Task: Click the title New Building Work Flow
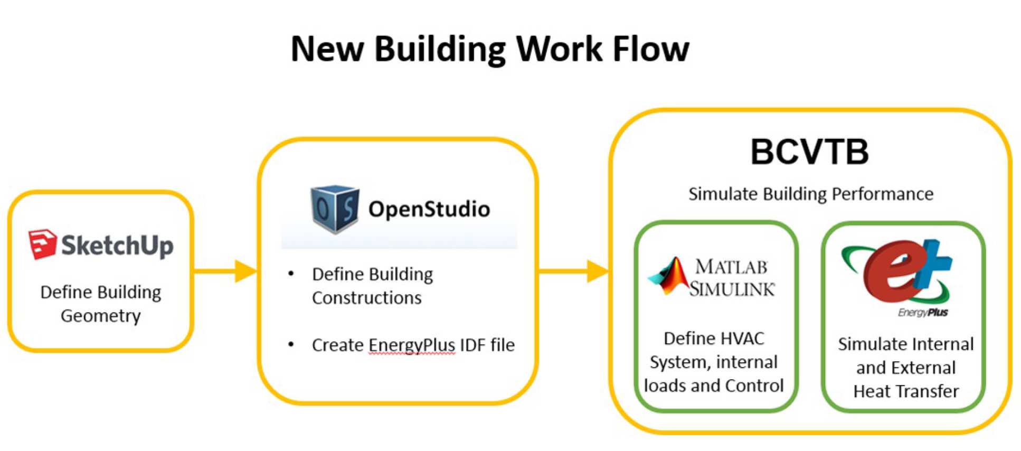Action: point(489,49)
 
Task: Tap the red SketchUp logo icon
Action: point(42,244)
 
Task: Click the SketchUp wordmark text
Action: point(117,246)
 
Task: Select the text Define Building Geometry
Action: point(101,304)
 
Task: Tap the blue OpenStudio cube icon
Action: point(334,209)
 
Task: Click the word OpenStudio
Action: point(429,209)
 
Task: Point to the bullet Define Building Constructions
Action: point(372,286)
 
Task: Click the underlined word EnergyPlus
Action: point(412,345)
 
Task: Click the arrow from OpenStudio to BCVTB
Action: point(573,271)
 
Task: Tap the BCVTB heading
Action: point(809,152)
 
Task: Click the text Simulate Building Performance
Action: point(810,194)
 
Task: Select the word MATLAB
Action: point(731,267)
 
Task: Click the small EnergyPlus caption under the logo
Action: point(923,313)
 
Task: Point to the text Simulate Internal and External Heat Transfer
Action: point(905,368)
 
